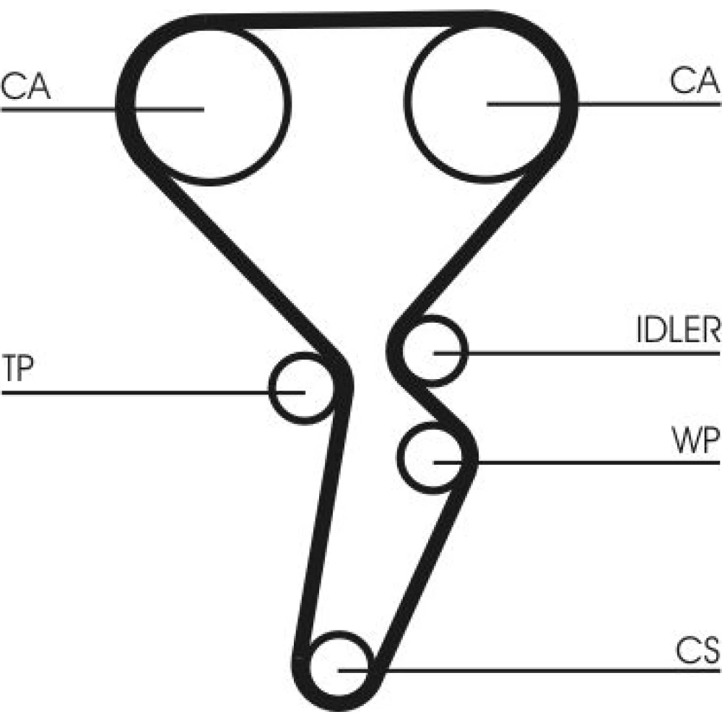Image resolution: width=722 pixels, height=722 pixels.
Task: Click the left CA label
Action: coord(26,86)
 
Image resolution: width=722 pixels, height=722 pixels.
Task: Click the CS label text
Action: coord(697,653)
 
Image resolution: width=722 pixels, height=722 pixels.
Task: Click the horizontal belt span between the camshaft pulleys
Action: coord(347,20)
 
